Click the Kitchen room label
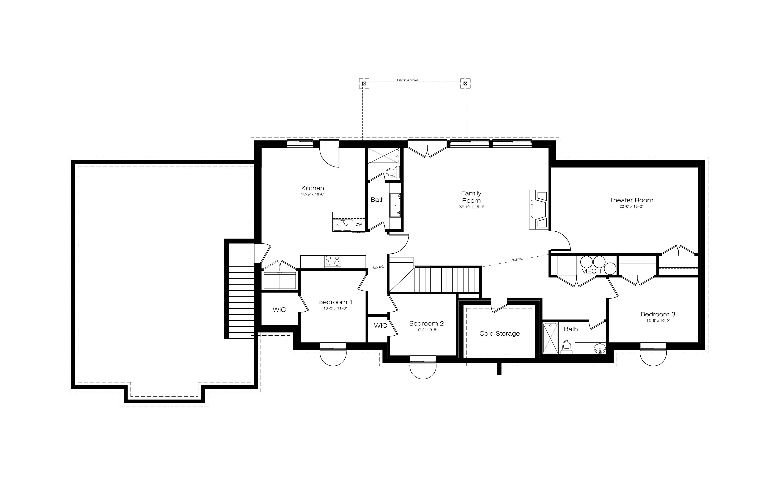pos(313,188)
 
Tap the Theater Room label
pos(631,200)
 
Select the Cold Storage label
pos(499,334)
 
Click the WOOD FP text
pos(532,209)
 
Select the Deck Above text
pos(408,80)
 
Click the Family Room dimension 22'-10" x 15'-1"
pos(471,207)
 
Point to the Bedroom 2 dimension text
pos(426,330)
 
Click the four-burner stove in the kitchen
pos(332,261)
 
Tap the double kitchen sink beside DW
pos(342,225)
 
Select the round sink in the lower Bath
pos(600,348)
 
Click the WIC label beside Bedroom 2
pos(380,326)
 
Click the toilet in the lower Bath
pos(566,348)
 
